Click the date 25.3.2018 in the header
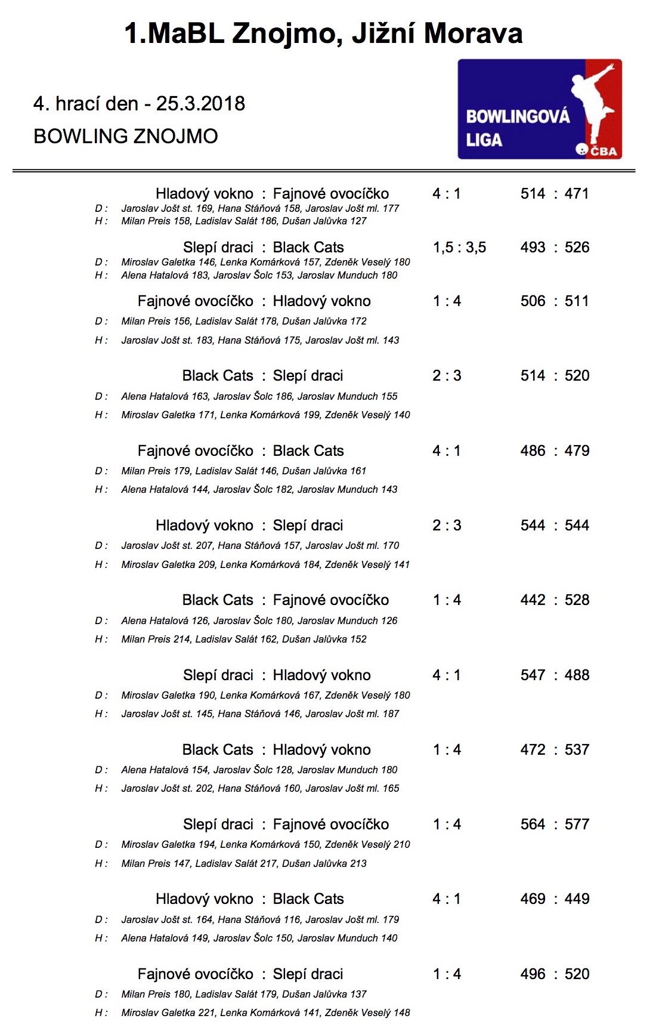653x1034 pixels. click(x=200, y=104)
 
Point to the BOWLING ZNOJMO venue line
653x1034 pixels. click(x=126, y=137)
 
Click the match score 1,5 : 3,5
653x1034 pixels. click(x=459, y=248)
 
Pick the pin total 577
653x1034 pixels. click(x=577, y=825)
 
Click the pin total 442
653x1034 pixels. click(x=533, y=600)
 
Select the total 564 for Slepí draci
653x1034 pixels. click(x=533, y=825)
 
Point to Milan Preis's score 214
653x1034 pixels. click(x=182, y=639)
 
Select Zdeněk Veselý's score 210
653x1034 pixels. click(x=402, y=844)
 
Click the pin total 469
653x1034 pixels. click(x=533, y=899)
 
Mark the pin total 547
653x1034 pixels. click(x=533, y=675)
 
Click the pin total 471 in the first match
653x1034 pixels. click(x=577, y=194)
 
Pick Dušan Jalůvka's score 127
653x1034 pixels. click(x=358, y=221)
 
